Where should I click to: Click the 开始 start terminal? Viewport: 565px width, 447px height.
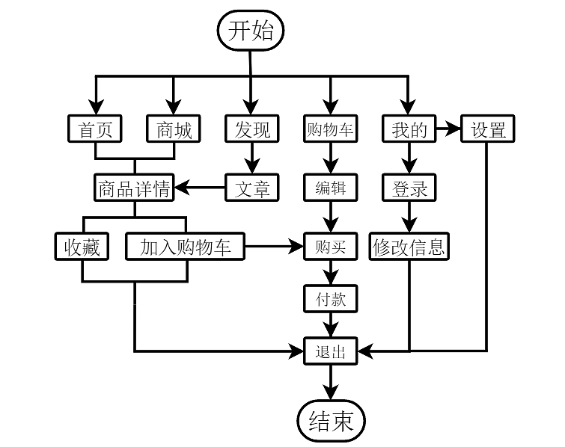tap(251, 31)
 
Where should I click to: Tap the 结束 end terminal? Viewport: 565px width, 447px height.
tap(330, 422)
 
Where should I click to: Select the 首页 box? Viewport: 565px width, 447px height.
tap(95, 130)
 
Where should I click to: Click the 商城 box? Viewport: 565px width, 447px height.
tap(174, 130)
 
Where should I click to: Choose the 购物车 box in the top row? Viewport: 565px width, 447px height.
tap(330, 130)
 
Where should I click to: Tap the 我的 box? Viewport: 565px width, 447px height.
tap(409, 130)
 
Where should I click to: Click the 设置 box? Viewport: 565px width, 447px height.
tap(488, 130)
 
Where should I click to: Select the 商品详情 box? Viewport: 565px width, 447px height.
tap(135, 188)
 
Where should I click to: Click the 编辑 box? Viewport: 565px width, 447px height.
tap(330, 188)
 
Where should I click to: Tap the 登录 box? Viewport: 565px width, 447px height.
tap(409, 188)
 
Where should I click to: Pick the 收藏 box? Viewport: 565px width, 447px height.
tap(82, 246)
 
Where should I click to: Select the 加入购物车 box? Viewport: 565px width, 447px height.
tap(186, 246)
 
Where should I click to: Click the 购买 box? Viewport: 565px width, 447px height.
tap(330, 246)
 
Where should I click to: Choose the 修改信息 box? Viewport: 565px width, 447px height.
tap(409, 246)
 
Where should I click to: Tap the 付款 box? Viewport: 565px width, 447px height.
tap(330, 299)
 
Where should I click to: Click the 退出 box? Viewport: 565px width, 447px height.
tap(330, 351)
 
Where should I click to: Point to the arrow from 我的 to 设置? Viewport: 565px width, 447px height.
tap(448, 130)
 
